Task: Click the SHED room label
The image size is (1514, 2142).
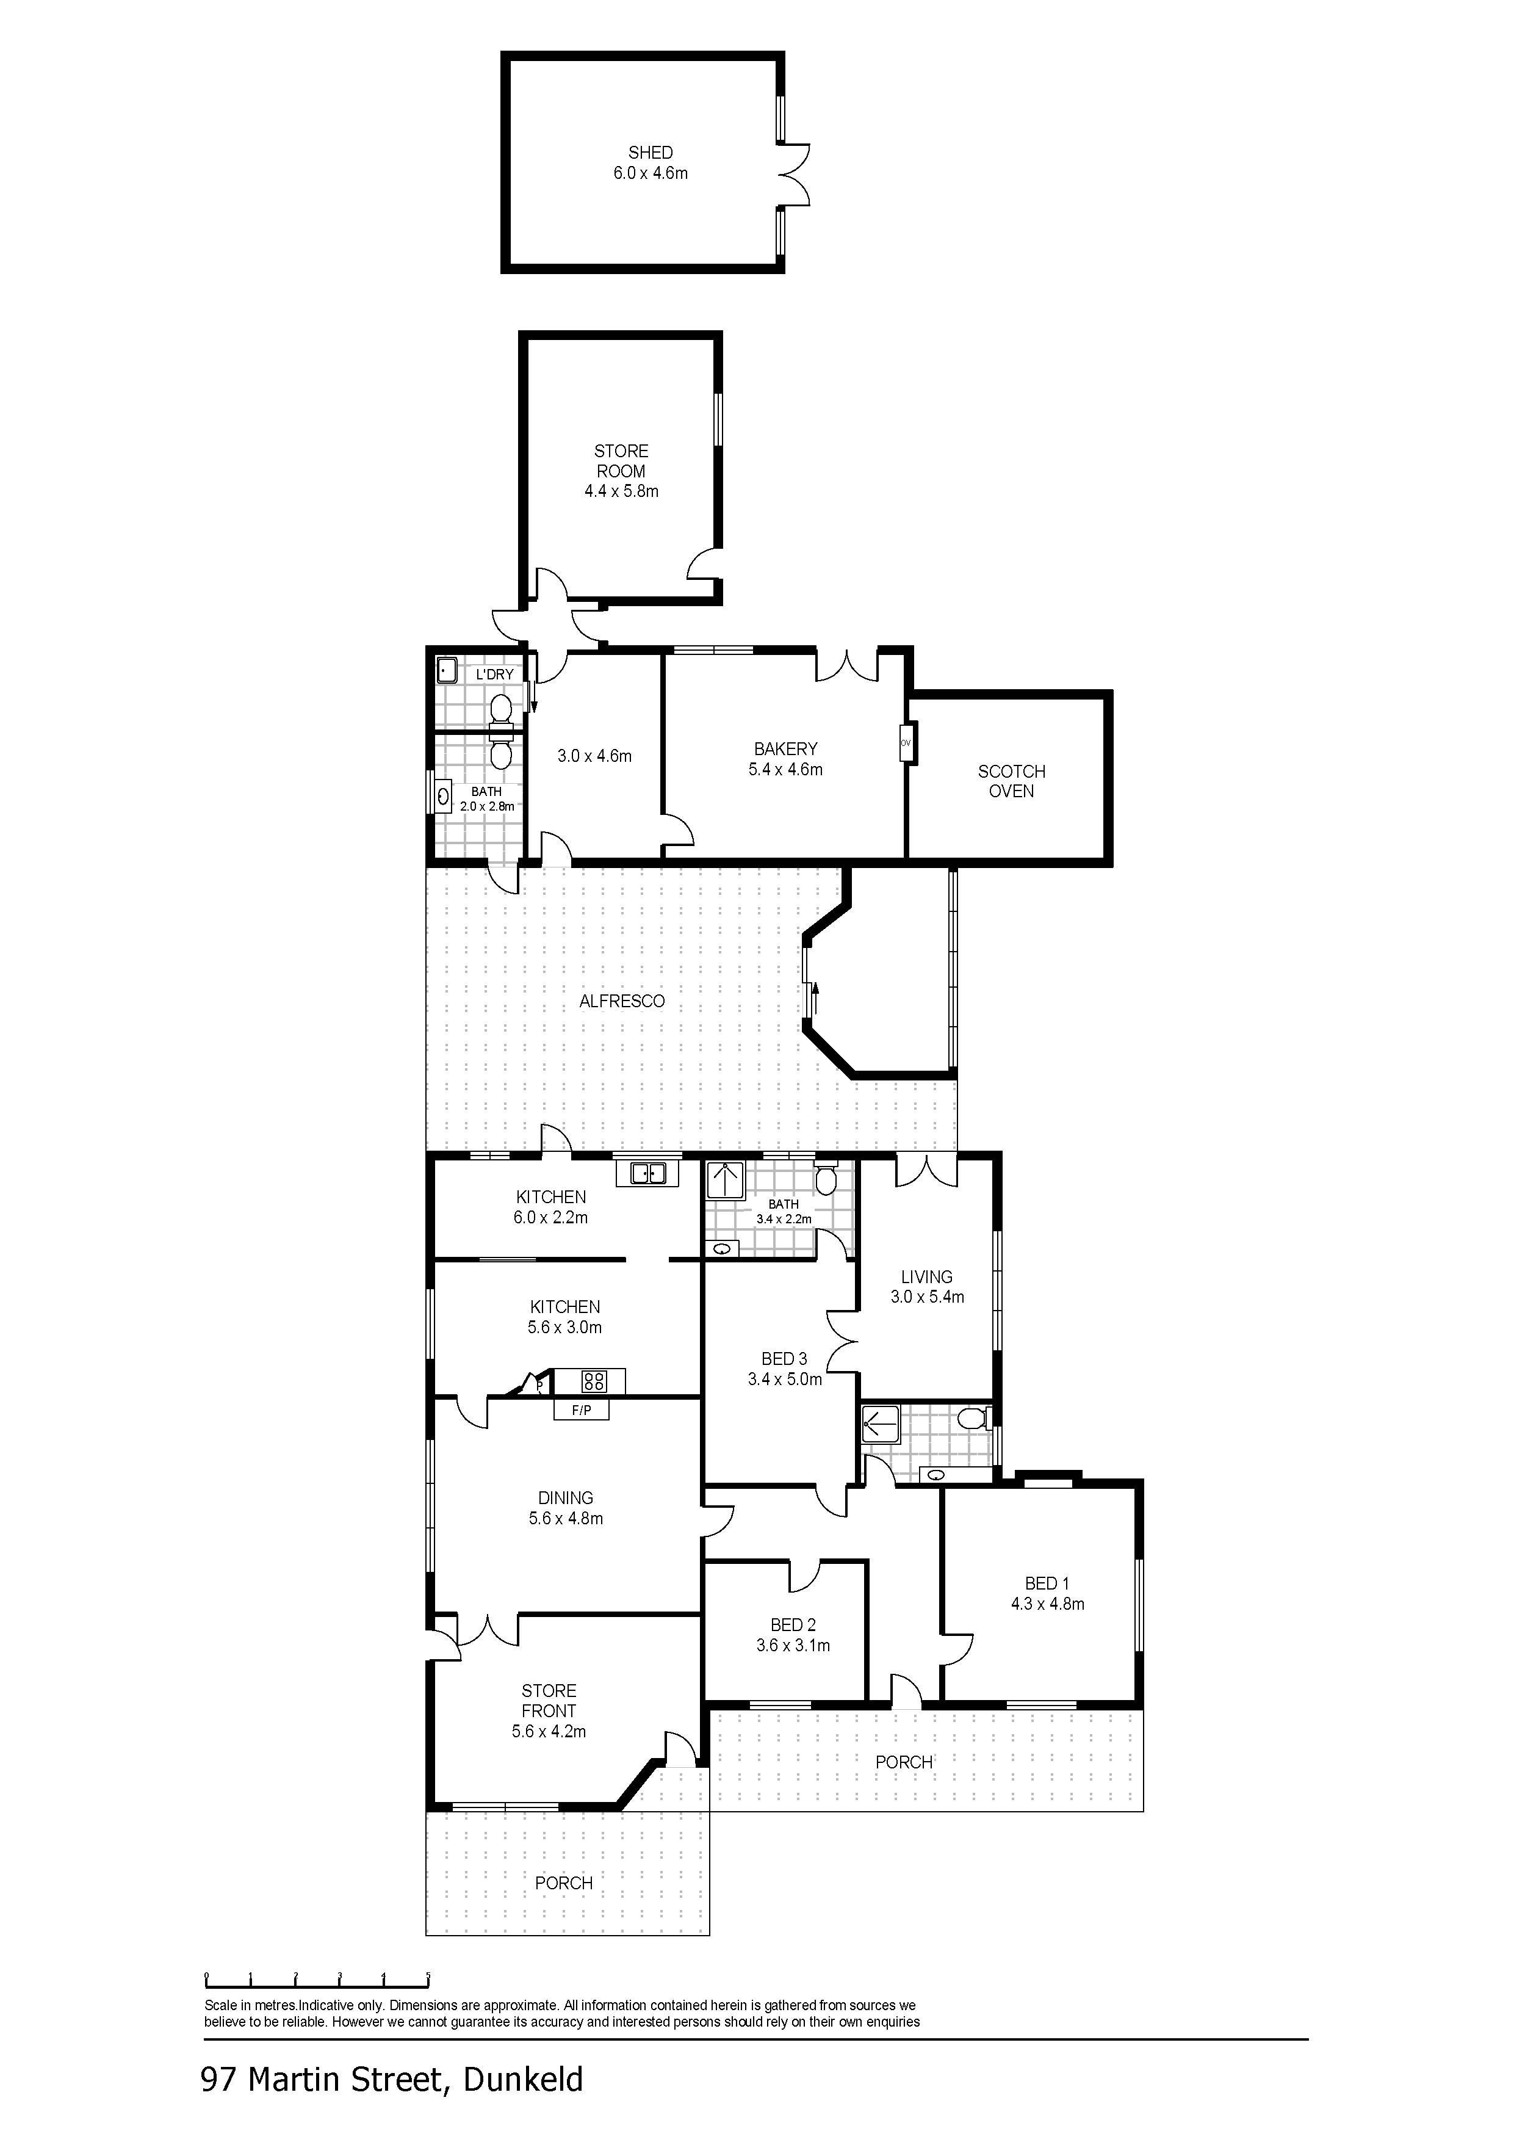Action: tap(650, 152)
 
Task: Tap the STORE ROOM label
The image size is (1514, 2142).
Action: tap(621, 461)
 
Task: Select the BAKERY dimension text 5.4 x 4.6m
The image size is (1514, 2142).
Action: tap(785, 770)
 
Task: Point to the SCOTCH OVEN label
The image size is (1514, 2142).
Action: tap(1011, 781)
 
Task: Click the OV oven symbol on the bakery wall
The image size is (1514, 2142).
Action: tap(906, 743)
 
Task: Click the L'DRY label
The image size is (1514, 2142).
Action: tap(494, 675)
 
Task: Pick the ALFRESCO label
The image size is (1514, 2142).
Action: tap(622, 1001)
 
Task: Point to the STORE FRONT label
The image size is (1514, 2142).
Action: tap(549, 1701)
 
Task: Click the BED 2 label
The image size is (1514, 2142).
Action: tap(793, 1625)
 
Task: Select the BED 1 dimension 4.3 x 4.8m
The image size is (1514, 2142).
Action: tap(1048, 1604)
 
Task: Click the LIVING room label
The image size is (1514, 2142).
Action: tap(926, 1276)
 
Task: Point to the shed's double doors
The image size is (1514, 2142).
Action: tap(796, 175)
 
